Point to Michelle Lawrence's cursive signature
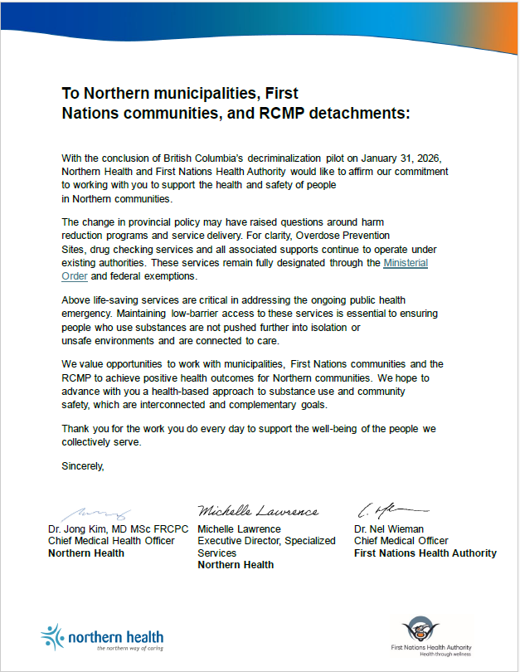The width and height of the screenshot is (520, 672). pos(257,511)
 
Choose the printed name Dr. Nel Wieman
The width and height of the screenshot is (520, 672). pos(389,529)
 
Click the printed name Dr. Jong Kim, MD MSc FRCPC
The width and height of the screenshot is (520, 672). pos(119,529)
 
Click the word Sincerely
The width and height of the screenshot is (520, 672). pos(83,466)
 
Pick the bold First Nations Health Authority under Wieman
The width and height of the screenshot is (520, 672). pos(425,553)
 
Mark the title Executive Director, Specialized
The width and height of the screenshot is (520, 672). pos(266,541)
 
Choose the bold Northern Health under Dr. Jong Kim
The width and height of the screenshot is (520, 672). pos(86,553)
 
